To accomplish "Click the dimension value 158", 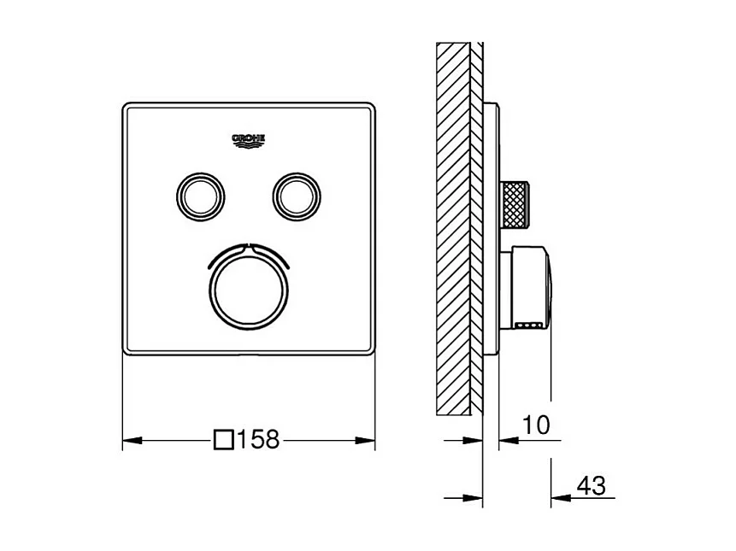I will [x=259, y=441].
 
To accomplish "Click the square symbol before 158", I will [x=224, y=441].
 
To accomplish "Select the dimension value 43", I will [x=591, y=486].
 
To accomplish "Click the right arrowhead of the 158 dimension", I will [x=368, y=441].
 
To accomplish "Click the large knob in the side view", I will [x=532, y=286].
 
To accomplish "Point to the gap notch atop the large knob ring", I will [x=249, y=247].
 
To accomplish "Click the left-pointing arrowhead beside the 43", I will [x=560, y=498].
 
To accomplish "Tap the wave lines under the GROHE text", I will [x=249, y=146].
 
